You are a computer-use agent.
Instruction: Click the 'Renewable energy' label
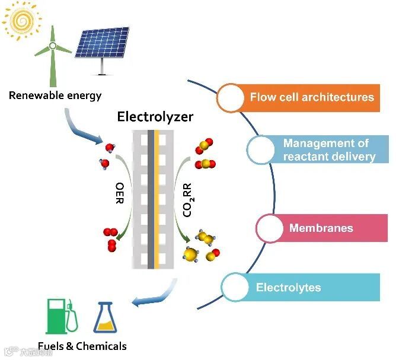point(55,95)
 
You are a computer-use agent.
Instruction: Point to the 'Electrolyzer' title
point(155,116)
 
